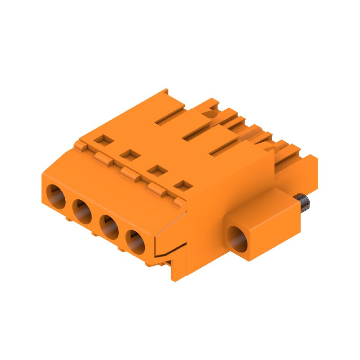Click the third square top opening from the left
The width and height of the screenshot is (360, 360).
point(156,170)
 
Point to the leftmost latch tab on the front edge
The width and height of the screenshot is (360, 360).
point(81,146)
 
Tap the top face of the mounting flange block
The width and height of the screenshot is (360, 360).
point(265,205)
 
